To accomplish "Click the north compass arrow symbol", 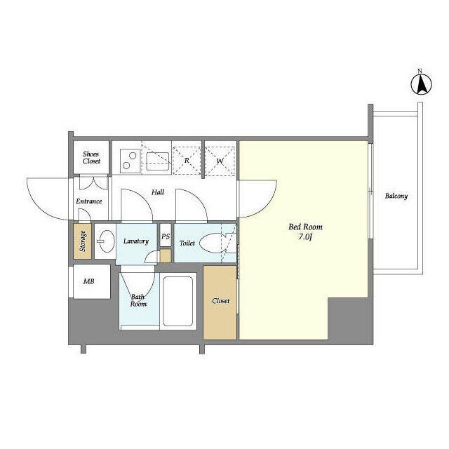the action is (421, 84).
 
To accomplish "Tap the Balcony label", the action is (396, 196).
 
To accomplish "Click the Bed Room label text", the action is (305, 227).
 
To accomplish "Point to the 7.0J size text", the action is (305, 237).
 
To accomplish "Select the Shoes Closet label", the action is (92, 157).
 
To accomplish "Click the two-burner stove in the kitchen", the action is (130, 161).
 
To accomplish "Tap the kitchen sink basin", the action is (157, 161).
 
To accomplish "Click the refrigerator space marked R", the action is (187, 161).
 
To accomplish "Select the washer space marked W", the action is (220, 161).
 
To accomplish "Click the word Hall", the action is (158, 192).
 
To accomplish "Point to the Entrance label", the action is (89, 201).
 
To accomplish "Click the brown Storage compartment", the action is (83, 241).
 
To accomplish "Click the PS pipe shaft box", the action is (166, 236).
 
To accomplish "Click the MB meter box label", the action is (89, 281).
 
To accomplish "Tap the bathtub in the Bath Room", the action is (177, 301).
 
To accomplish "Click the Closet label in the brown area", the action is (221, 301).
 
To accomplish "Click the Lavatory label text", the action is (136, 241).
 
